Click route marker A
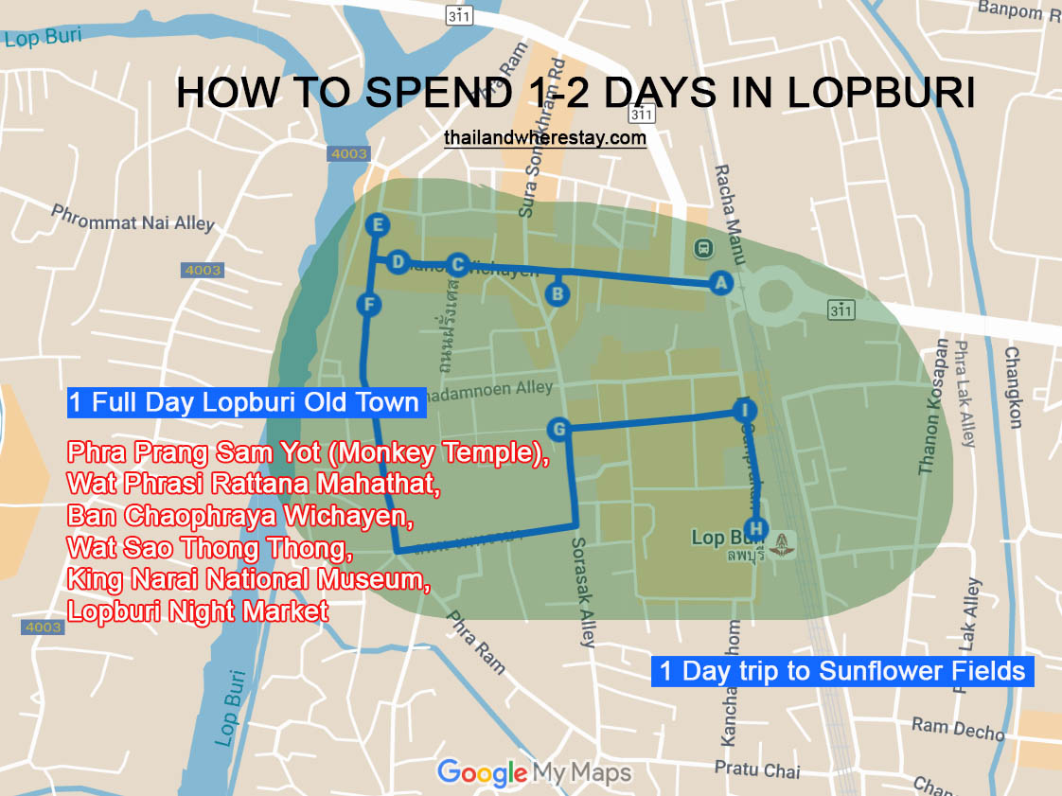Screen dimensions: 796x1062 pyautogui.click(x=720, y=281)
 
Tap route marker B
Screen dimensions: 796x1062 pyautogui.click(x=558, y=294)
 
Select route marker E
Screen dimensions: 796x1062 pyautogui.click(x=378, y=225)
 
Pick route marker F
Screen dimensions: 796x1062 pyautogui.click(x=369, y=305)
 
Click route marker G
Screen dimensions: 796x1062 pyautogui.click(x=558, y=430)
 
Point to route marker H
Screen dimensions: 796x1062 pyautogui.click(x=754, y=528)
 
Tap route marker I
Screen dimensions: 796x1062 pyautogui.click(x=746, y=410)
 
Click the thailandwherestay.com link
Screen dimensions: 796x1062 pyautogui.click(x=545, y=138)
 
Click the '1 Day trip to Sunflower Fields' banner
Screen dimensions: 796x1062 pyautogui.click(x=842, y=671)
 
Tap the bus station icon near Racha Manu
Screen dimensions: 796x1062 pyautogui.click(x=703, y=249)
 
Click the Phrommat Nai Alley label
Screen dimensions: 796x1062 pyautogui.click(x=133, y=218)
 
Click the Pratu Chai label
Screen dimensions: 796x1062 pyautogui.click(x=757, y=769)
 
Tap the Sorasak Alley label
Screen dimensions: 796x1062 pyautogui.click(x=583, y=593)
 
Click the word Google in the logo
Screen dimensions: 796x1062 pyautogui.click(x=482, y=772)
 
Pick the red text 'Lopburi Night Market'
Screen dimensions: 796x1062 pyautogui.click(x=198, y=611)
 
